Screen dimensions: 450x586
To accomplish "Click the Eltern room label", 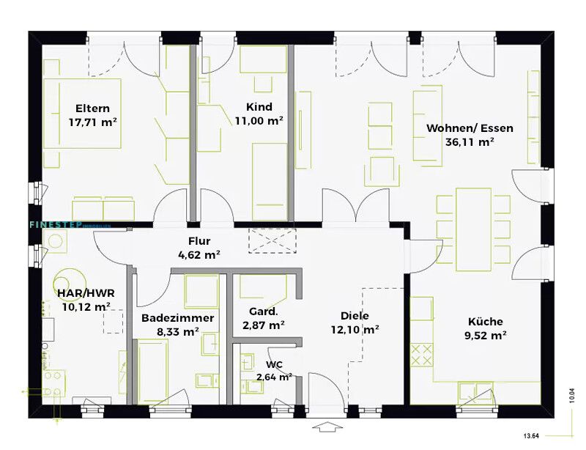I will click(x=92, y=108).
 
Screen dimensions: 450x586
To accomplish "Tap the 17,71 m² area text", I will click(x=93, y=122).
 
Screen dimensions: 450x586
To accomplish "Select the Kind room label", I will click(x=259, y=106).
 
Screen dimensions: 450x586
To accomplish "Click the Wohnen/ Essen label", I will click(x=469, y=128).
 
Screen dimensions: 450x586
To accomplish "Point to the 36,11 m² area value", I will click(x=469, y=142).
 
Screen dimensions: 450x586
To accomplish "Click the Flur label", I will click(x=199, y=240).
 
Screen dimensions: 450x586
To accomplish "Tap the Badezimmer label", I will click(x=177, y=317).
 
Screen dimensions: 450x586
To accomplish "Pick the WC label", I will click(x=274, y=364).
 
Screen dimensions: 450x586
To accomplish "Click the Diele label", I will click(x=354, y=315).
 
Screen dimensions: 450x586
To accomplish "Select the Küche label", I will click(x=486, y=321).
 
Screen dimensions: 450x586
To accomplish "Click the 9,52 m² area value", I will click(x=486, y=336).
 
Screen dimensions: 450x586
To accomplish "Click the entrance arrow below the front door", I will click(x=327, y=427).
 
